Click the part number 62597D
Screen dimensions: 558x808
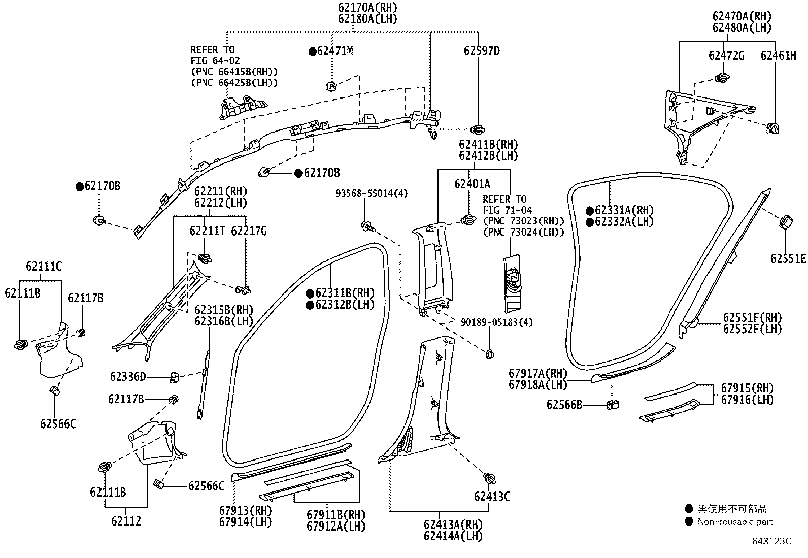tap(481, 51)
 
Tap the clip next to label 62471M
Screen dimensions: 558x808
tap(331, 85)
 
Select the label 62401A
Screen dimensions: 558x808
tap(472, 184)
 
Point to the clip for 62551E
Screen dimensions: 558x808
tap(785, 222)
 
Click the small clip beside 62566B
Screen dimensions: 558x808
tap(613, 404)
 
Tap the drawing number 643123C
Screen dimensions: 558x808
tap(771, 541)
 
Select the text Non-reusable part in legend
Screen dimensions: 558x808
tap(735, 522)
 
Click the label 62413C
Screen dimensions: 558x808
tap(492, 497)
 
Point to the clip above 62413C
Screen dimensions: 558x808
tap(490, 478)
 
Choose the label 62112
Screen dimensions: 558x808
tap(126, 521)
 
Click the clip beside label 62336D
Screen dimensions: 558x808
tap(174, 377)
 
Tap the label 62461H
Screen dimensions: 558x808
tap(778, 56)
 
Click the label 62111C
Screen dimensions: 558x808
tap(44, 267)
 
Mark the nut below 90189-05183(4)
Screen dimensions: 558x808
tap(490, 354)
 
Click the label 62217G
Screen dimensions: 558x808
tap(248, 231)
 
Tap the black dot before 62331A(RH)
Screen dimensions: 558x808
tap(590, 211)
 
